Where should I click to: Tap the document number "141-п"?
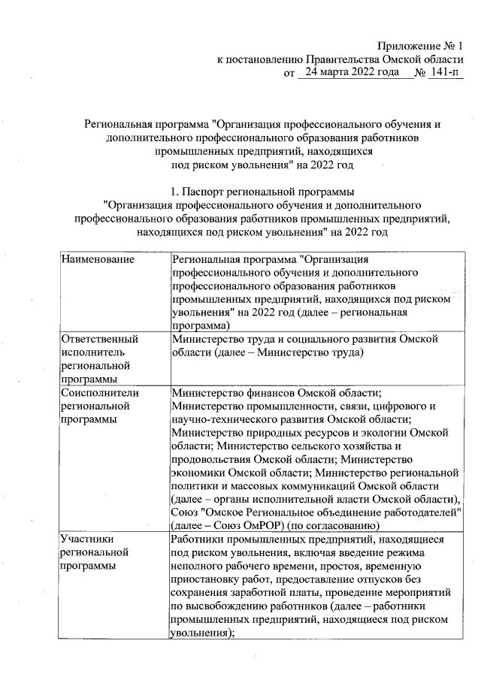[x=444, y=74]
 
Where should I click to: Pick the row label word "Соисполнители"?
[x=98, y=392]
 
